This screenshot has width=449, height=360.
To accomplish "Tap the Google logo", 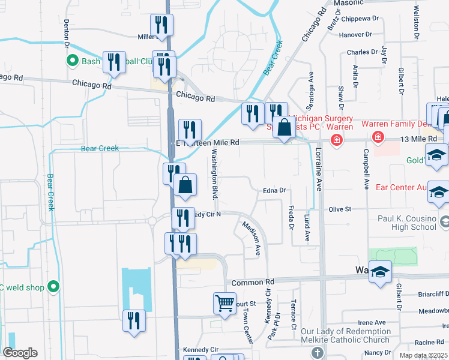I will pyautogui.click(x=20, y=353).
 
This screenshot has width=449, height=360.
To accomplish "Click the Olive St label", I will pyautogui.click(x=339, y=209).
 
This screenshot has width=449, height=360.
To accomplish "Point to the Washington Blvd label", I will pyautogui.click(x=213, y=174).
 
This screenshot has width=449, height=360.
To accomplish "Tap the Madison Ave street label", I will pyautogui.click(x=252, y=236).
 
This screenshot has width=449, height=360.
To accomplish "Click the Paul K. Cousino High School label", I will pyautogui.click(x=407, y=223).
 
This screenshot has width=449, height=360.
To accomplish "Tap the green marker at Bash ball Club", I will pyautogui.click(x=73, y=61).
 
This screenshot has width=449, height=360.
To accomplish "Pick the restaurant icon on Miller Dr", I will pyautogui.click(x=161, y=25).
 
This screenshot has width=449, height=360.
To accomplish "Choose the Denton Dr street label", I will pyautogui.click(x=66, y=36).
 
